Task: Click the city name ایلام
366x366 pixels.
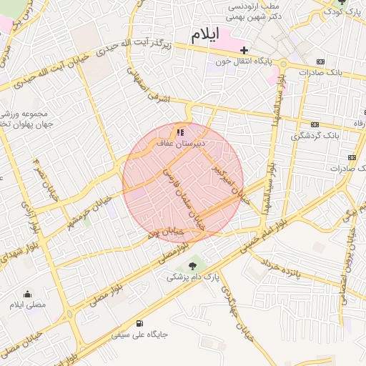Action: tap(205, 35)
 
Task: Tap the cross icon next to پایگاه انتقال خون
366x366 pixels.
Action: tap(244, 50)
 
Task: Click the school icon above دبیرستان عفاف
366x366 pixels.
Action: tap(180, 132)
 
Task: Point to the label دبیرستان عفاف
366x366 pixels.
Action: tap(181, 144)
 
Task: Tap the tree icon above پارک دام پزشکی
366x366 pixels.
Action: tap(192, 265)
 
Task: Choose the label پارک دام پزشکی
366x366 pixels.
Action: tap(192, 277)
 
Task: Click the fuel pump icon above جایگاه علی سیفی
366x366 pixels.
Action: tap(138, 322)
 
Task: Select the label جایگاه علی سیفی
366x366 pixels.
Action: tap(137, 334)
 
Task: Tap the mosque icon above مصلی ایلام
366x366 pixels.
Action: tap(27, 294)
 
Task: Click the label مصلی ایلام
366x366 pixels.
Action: tap(26, 305)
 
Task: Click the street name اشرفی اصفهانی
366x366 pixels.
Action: tap(153, 89)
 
